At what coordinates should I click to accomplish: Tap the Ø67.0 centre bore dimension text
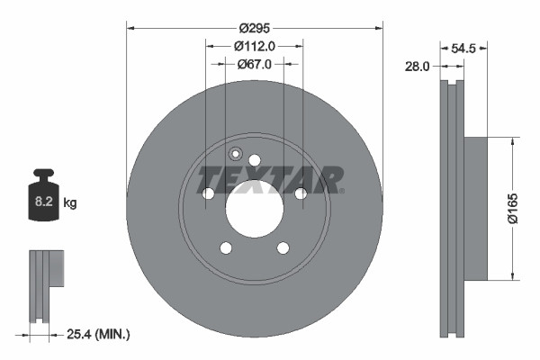[x=255, y=64]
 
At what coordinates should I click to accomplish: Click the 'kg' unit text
[x=70, y=203]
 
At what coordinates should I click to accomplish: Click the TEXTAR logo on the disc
[x=271, y=179]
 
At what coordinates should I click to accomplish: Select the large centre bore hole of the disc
[x=255, y=212]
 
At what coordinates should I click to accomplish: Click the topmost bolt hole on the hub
[x=255, y=160]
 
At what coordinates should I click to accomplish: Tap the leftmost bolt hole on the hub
[x=208, y=193]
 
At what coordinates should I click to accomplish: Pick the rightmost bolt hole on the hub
[x=301, y=193]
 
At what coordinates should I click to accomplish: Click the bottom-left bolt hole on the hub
[x=226, y=248]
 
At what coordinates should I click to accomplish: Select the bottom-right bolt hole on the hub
[x=283, y=248]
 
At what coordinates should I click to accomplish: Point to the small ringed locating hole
[x=236, y=152]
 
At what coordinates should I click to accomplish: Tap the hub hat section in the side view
[x=475, y=208]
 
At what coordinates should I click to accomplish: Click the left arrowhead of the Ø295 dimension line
[x=130, y=27]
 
